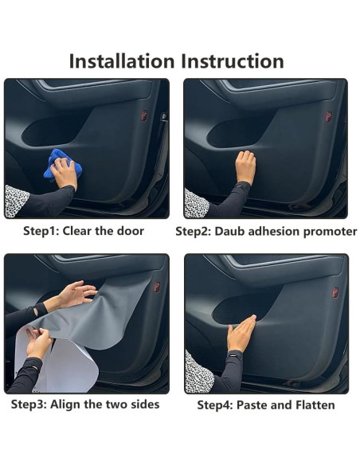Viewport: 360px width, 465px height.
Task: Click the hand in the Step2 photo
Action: [x=245, y=166]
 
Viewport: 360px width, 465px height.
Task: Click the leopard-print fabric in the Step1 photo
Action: [x=16, y=201]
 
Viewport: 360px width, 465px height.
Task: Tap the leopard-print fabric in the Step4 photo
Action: [x=198, y=373]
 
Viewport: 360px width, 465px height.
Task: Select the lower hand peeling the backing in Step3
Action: [x=37, y=344]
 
